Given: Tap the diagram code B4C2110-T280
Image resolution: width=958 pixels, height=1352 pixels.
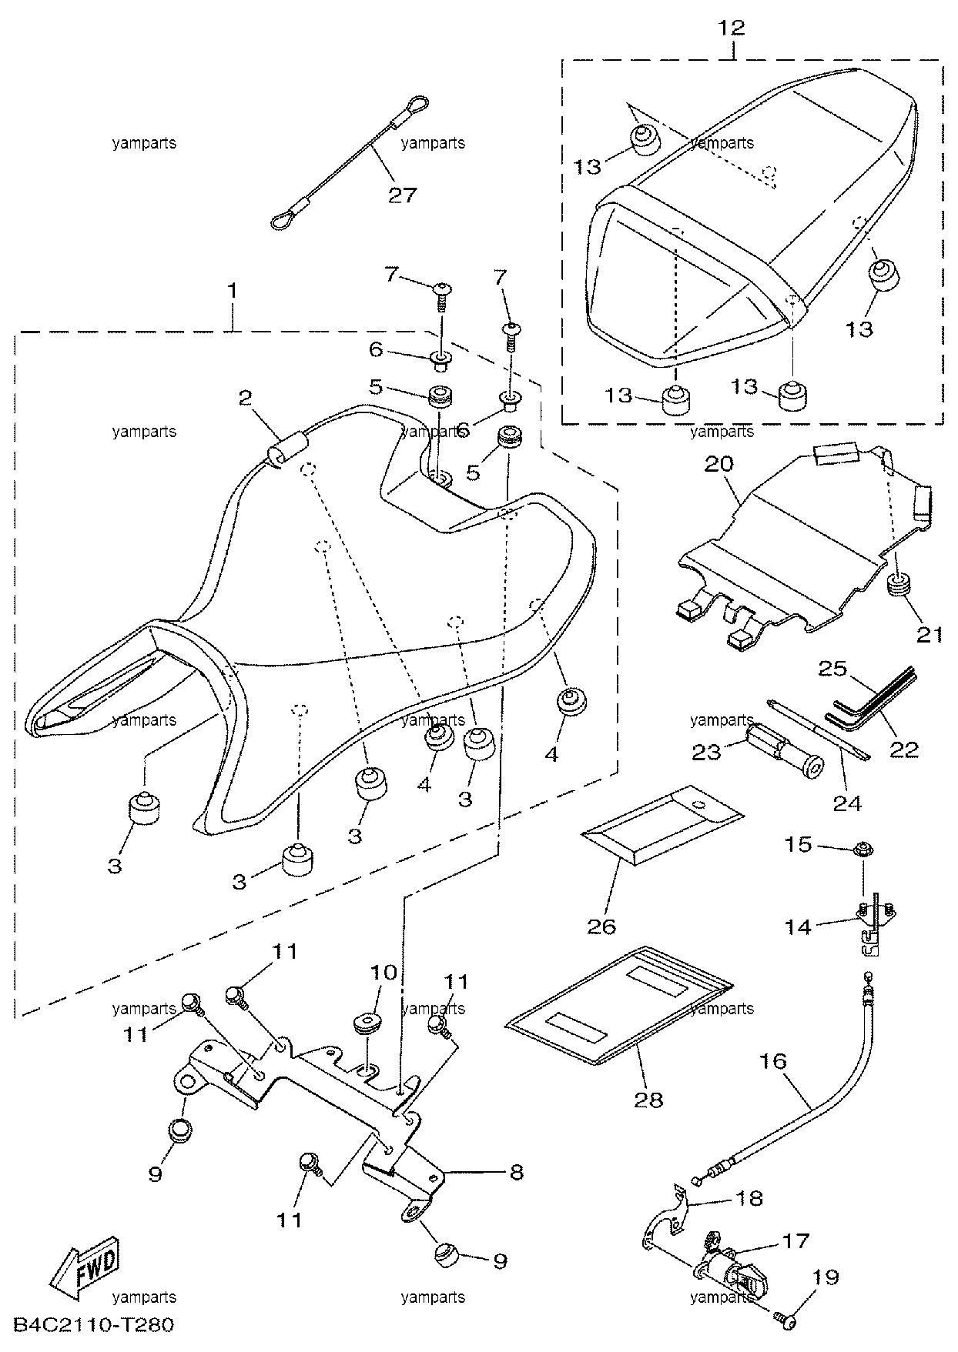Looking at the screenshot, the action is click(93, 1324).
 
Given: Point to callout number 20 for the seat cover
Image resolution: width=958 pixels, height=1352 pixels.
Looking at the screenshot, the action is click(719, 464).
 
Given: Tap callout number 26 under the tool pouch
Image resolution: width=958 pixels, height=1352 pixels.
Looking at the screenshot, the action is click(601, 926).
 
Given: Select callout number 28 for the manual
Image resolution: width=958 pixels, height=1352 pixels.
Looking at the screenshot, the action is click(648, 1100).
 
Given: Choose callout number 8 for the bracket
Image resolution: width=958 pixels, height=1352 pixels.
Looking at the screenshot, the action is click(516, 1172).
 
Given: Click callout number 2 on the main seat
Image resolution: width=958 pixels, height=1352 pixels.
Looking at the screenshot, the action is click(245, 398).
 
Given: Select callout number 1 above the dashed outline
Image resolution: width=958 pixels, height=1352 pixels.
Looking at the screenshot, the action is click(233, 292).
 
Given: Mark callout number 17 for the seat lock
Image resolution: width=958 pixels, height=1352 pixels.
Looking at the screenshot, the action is click(795, 1240).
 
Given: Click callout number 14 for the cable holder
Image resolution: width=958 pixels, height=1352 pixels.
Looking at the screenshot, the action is click(798, 926).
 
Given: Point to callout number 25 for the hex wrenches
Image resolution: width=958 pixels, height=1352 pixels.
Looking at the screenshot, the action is click(832, 669).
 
